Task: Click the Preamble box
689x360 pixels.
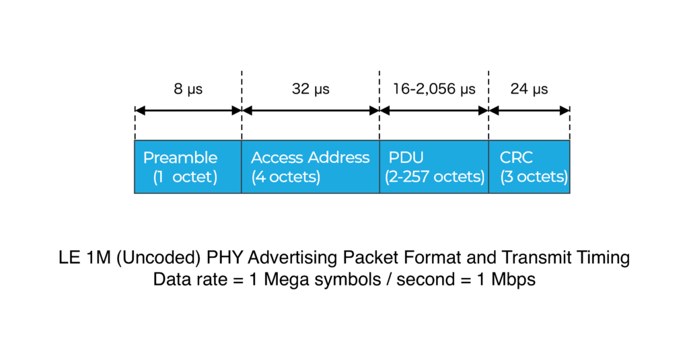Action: click(188, 167)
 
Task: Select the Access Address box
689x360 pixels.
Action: click(311, 167)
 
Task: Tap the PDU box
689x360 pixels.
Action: click(434, 167)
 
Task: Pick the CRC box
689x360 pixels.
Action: click(530, 167)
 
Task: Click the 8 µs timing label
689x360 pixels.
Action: click(188, 89)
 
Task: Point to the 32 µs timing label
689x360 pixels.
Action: click(311, 89)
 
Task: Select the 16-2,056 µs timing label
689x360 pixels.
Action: click(434, 89)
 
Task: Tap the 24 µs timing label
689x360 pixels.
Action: click(529, 89)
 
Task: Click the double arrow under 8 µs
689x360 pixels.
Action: click(188, 110)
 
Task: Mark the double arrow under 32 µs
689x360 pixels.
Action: click(311, 110)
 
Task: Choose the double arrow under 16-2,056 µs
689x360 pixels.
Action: click(434, 110)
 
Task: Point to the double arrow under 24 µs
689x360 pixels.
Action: click(530, 110)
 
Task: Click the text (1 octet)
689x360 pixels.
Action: click(185, 177)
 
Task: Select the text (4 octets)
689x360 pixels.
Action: click(285, 177)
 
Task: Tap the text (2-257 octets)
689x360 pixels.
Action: click(435, 177)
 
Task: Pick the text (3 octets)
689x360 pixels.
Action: click(534, 177)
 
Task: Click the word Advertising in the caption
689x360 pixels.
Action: click(293, 258)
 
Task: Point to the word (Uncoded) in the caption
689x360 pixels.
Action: click(159, 258)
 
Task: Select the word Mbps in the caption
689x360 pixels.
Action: click(513, 280)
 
